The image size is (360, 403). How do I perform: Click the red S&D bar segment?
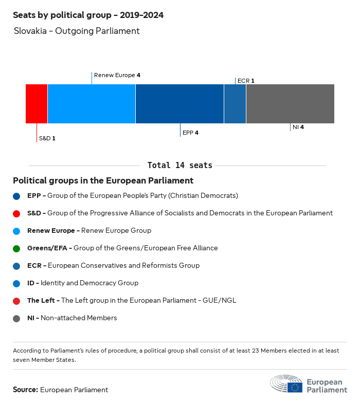click(x=37, y=104)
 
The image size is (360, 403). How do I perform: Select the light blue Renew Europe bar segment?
click(x=92, y=104)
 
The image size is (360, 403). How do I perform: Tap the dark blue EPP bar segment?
click(x=179, y=104)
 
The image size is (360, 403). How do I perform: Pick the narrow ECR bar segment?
click(x=235, y=104)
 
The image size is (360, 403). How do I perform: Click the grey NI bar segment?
click(x=290, y=104)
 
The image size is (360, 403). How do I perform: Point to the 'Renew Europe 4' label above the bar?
click(x=117, y=75)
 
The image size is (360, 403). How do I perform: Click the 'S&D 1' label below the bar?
click(x=47, y=138)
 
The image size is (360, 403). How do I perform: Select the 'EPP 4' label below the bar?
click(x=190, y=133)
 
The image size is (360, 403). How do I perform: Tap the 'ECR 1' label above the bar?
click(x=246, y=81)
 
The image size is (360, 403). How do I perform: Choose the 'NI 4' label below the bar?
click(x=298, y=127)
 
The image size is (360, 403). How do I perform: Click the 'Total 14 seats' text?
click(x=179, y=166)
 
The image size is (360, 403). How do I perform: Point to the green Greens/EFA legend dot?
click(x=17, y=248)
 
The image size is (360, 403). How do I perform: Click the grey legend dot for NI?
click(x=17, y=318)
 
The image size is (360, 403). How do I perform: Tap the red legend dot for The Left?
click(x=17, y=301)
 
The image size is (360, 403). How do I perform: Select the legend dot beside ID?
click(x=17, y=283)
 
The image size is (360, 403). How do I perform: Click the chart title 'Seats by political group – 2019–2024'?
click(x=88, y=15)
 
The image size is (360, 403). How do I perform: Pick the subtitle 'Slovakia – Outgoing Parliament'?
click(x=77, y=31)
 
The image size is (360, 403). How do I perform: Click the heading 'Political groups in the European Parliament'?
click(x=103, y=181)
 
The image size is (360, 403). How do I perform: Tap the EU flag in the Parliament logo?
click(x=295, y=387)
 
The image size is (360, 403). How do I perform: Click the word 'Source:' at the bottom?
click(x=25, y=390)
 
